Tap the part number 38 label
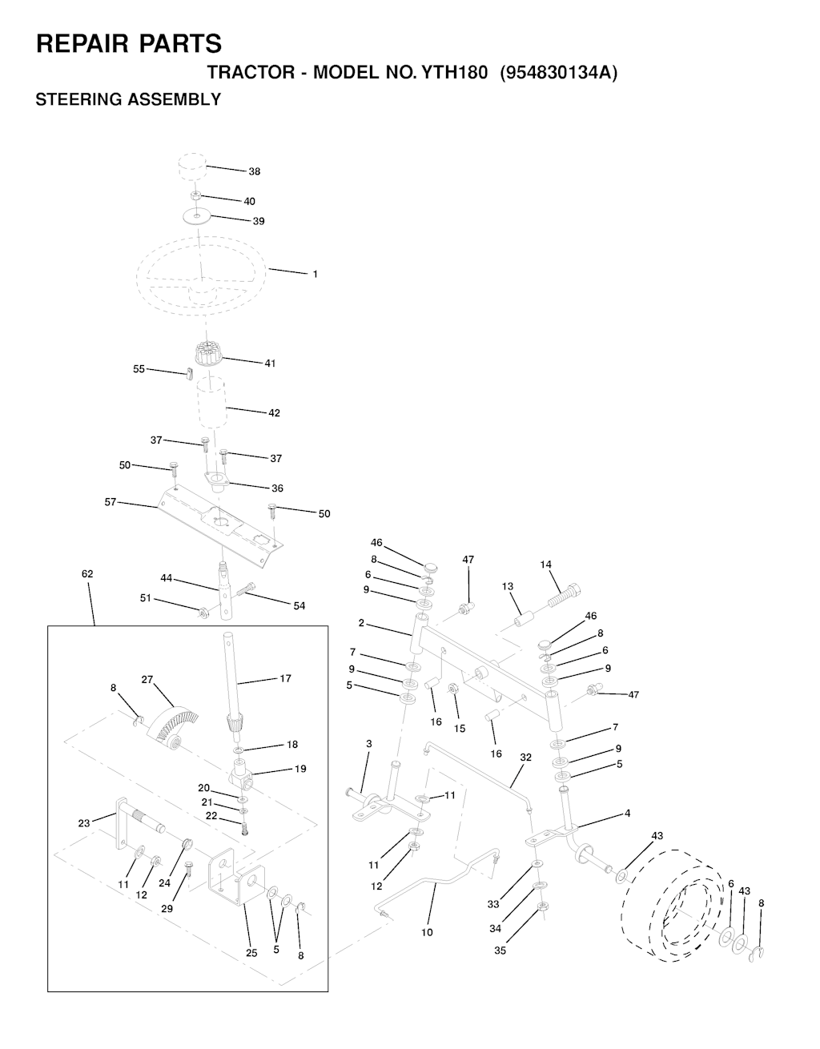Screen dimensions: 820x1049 click(255, 171)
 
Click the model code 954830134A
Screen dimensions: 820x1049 click(559, 73)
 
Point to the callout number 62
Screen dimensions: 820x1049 click(87, 574)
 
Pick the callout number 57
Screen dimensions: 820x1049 click(111, 502)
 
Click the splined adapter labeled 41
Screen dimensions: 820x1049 click(208, 353)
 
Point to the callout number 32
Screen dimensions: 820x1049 click(525, 758)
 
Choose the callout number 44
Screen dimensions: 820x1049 click(166, 578)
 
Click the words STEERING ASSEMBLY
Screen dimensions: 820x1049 click(128, 99)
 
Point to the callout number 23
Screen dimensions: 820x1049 click(84, 823)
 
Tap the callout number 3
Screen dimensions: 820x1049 click(369, 744)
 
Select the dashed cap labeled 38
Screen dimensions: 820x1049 click(192, 167)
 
